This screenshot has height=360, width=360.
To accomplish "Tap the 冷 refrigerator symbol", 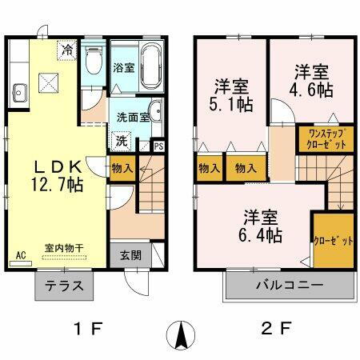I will pyautogui.click(x=67, y=50).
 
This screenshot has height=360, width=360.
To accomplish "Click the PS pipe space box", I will pyautogui.click(x=158, y=146).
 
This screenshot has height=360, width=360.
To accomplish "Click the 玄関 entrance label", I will pyautogui.click(x=131, y=256).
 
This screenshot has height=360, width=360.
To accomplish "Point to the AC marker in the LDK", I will pyautogui.click(x=20, y=256).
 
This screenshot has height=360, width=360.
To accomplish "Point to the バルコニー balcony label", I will pyautogui.click(x=290, y=285).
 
